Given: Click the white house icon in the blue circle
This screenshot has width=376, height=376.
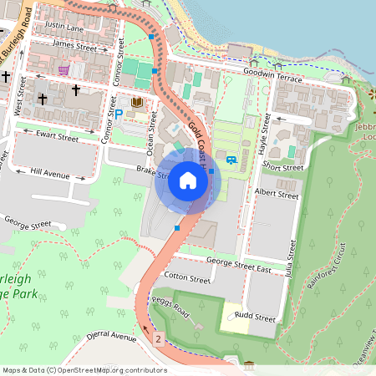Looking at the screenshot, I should click(188, 180).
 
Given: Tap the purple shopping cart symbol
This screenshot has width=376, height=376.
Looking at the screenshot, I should click(64, 70).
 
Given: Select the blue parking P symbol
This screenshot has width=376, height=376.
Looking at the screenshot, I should click(118, 113).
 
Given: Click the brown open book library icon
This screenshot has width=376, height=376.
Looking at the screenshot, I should click(136, 103).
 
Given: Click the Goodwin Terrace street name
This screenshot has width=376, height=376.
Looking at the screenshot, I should click(272, 74).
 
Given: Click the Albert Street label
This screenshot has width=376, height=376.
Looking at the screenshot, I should click(277, 194).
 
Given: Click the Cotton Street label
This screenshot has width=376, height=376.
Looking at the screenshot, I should click(187, 277).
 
